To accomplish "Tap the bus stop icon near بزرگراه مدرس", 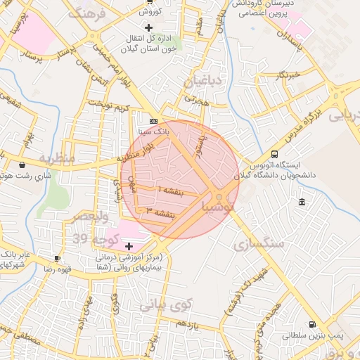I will click(274, 155).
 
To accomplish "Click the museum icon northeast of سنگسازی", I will click(302, 202).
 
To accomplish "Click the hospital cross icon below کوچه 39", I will click(129, 246).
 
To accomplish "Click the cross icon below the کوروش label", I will click(148, 27).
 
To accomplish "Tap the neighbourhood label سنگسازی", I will click(260, 244).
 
